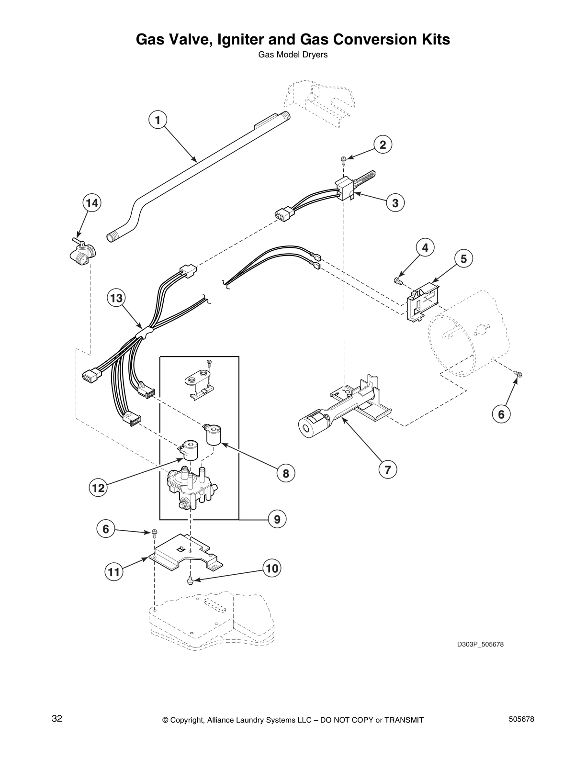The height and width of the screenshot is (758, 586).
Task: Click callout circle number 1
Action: (157, 120)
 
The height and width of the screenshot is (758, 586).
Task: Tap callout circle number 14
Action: (91, 203)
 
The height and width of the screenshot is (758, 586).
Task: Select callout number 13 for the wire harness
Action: (116, 299)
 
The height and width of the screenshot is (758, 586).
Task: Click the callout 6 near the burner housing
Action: (501, 414)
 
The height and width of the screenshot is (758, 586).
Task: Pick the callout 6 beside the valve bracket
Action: (106, 529)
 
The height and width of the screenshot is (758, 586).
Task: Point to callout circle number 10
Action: (271, 568)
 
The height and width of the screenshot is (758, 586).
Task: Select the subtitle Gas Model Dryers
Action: (293, 55)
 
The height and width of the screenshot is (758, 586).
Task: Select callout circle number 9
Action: (277, 519)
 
